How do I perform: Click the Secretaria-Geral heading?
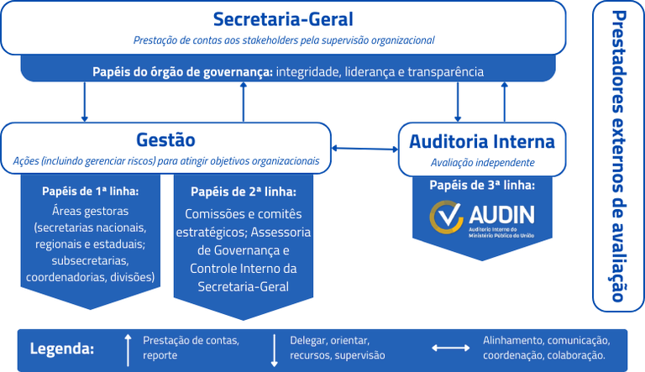coord(283,19)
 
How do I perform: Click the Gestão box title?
coord(165,139)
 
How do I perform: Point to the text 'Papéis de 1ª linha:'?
coord(91,191)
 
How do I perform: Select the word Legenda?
coord(62,348)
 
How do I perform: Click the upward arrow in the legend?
coord(128,348)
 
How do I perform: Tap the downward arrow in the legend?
coord(275,348)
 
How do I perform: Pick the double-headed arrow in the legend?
coord(451,348)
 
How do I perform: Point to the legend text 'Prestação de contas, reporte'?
coord(191,348)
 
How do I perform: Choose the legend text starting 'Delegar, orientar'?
coord(330,340)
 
